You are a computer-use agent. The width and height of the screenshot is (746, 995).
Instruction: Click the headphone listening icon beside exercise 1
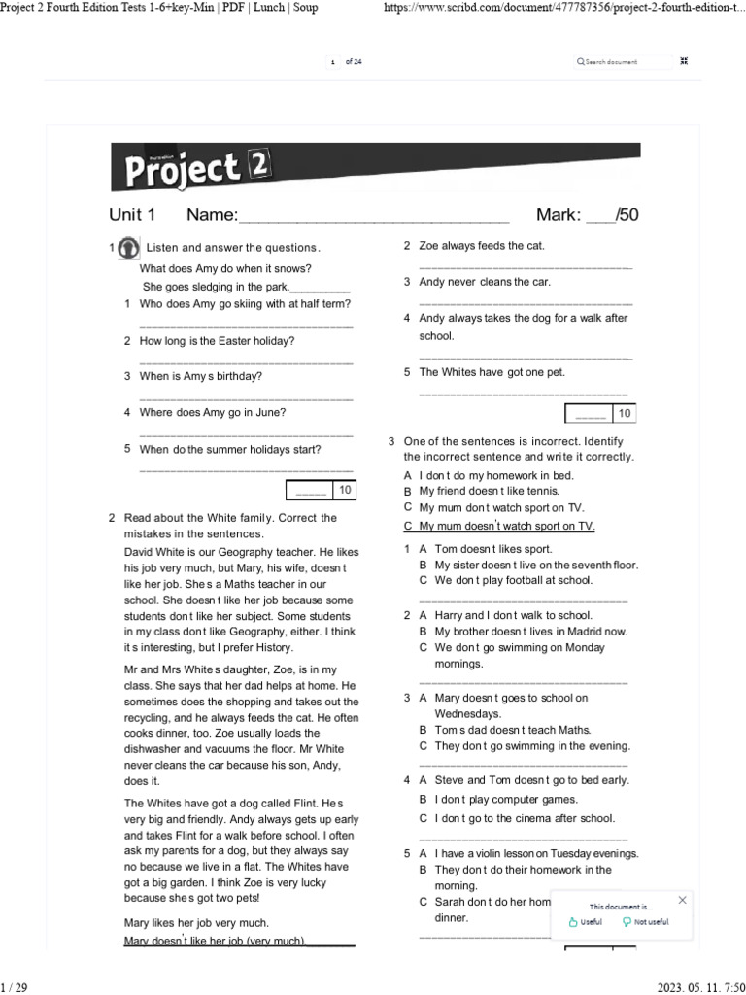coord(127,249)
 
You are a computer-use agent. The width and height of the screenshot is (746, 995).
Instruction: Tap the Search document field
coord(622,61)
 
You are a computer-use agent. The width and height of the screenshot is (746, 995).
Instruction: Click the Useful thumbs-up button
coord(585,922)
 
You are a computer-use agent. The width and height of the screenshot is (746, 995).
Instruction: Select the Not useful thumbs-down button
coord(645,922)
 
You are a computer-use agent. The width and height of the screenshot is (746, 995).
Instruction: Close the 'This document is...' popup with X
coord(682,900)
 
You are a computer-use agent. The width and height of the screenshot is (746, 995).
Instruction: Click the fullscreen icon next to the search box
coord(684,61)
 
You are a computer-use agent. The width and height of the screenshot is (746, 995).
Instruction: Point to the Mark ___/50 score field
coord(587,215)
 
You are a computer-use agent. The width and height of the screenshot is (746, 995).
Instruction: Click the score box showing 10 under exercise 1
coord(320,491)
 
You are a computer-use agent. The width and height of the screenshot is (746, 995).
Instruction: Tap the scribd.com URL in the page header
coord(559,8)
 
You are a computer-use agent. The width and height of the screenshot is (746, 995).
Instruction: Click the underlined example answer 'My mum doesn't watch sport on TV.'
coord(498,526)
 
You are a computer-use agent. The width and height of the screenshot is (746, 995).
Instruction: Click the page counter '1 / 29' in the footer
coord(15,987)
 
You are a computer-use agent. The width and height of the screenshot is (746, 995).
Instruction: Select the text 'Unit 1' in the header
coord(131,215)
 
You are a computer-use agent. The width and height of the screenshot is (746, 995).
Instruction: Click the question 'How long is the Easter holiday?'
coord(217,341)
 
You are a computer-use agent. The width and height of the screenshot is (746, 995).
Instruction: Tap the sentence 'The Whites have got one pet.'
coord(492,372)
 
